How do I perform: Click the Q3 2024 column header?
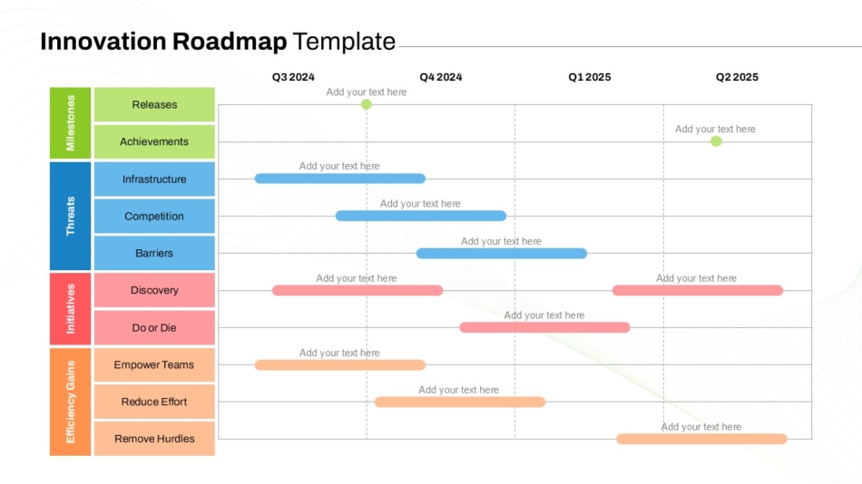pyautogui.click(x=293, y=77)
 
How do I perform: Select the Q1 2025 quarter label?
pyautogui.click(x=589, y=77)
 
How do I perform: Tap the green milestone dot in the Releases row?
pyautogui.click(x=367, y=104)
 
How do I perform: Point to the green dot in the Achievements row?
pyautogui.click(x=716, y=141)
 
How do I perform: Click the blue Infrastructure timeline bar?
pyautogui.click(x=339, y=179)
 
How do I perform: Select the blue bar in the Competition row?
pyautogui.click(x=420, y=216)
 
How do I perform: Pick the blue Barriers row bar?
pyautogui.click(x=502, y=253)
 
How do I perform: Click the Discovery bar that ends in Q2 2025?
pyautogui.click(x=698, y=290)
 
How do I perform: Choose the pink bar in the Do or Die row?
pyautogui.click(x=544, y=327)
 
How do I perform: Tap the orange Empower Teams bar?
pyautogui.click(x=339, y=364)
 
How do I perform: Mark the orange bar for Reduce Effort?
pyautogui.click(x=460, y=402)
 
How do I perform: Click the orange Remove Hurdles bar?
pyautogui.click(x=701, y=439)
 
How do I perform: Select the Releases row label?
pyautogui.click(x=154, y=104)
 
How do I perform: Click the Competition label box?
pyautogui.click(x=154, y=216)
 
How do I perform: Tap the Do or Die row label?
pyautogui.click(x=154, y=327)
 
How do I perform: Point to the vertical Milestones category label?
pyautogui.click(x=71, y=123)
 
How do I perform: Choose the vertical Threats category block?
pyautogui.click(x=71, y=216)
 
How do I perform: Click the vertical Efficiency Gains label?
pyautogui.click(x=71, y=402)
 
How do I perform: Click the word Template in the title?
pyautogui.click(x=344, y=41)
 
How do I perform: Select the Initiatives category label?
pyautogui.click(x=71, y=309)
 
